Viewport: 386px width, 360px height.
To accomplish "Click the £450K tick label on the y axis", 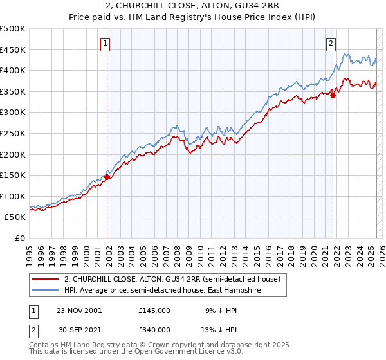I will coord(13,50).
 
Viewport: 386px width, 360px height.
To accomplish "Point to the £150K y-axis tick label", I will coord(13,175).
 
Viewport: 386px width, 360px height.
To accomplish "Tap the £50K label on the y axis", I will coord(15,217).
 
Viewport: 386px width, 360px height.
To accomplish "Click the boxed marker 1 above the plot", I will coord(105,44).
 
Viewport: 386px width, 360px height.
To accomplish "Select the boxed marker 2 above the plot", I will coord(331,44).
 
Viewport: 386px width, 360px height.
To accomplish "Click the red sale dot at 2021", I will coord(333,96).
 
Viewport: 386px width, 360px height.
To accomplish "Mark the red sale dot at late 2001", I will coord(107,177).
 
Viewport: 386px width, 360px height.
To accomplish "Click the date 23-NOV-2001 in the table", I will coord(79,310).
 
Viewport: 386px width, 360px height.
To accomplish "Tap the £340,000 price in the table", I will coord(154,330).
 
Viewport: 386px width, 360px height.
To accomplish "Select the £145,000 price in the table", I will coord(154,310).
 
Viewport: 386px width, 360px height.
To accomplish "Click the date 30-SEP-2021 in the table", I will coord(79,330).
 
